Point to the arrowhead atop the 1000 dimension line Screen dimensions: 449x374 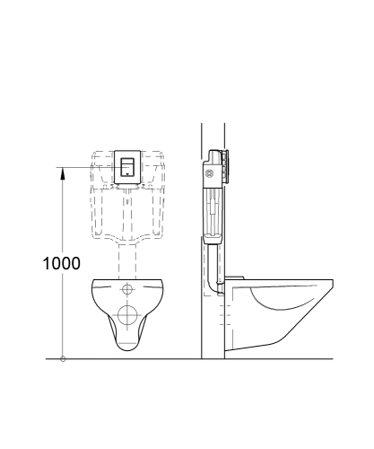tap(62, 172)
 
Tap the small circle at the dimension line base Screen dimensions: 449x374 tap(62, 359)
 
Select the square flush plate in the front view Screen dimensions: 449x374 tap(127, 167)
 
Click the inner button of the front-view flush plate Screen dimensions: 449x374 tap(127, 165)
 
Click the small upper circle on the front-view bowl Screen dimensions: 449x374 tap(127, 290)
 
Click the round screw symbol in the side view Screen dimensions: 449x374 tap(212, 172)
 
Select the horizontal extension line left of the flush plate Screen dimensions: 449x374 tap(81, 166)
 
